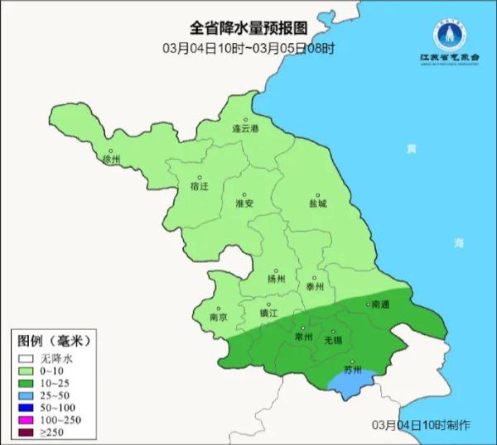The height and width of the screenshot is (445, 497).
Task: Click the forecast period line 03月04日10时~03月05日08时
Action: [x=248, y=48]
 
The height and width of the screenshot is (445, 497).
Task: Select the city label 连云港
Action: [x=245, y=129]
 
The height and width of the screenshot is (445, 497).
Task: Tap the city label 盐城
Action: [x=317, y=203]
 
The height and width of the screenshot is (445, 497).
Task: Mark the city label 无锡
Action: [x=332, y=340]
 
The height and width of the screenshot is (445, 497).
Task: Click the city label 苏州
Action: [x=353, y=371]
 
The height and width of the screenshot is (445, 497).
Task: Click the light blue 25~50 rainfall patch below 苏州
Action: [x=348, y=383]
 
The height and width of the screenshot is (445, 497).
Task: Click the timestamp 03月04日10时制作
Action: [x=421, y=424]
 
